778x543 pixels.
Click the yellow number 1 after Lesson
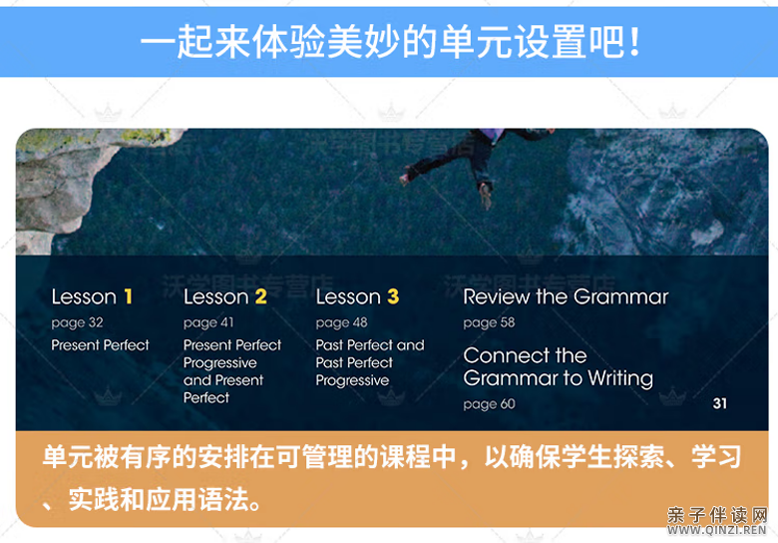pyautogui.click(x=128, y=296)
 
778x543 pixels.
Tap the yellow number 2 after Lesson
pyautogui.click(x=261, y=296)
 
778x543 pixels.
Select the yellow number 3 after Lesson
pyautogui.click(x=393, y=296)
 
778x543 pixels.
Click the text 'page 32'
pyautogui.click(x=77, y=322)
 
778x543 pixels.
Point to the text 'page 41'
pyautogui.click(x=208, y=322)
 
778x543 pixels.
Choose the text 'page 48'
pyautogui.click(x=341, y=322)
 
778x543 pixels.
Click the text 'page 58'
pyautogui.click(x=489, y=322)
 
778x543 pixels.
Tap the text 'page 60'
pyautogui.click(x=489, y=404)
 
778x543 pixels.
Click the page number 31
pyautogui.click(x=720, y=403)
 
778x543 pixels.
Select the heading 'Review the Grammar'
pyautogui.click(x=566, y=296)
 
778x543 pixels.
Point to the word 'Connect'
pyautogui.click(x=504, y=355)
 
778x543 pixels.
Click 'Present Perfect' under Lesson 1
pyautogui.click(x=101, y=345)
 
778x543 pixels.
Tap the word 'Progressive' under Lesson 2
pyautogui.click(x=220, y=363)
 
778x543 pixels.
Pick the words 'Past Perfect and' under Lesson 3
pyautogui.click(x=370, y=345)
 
